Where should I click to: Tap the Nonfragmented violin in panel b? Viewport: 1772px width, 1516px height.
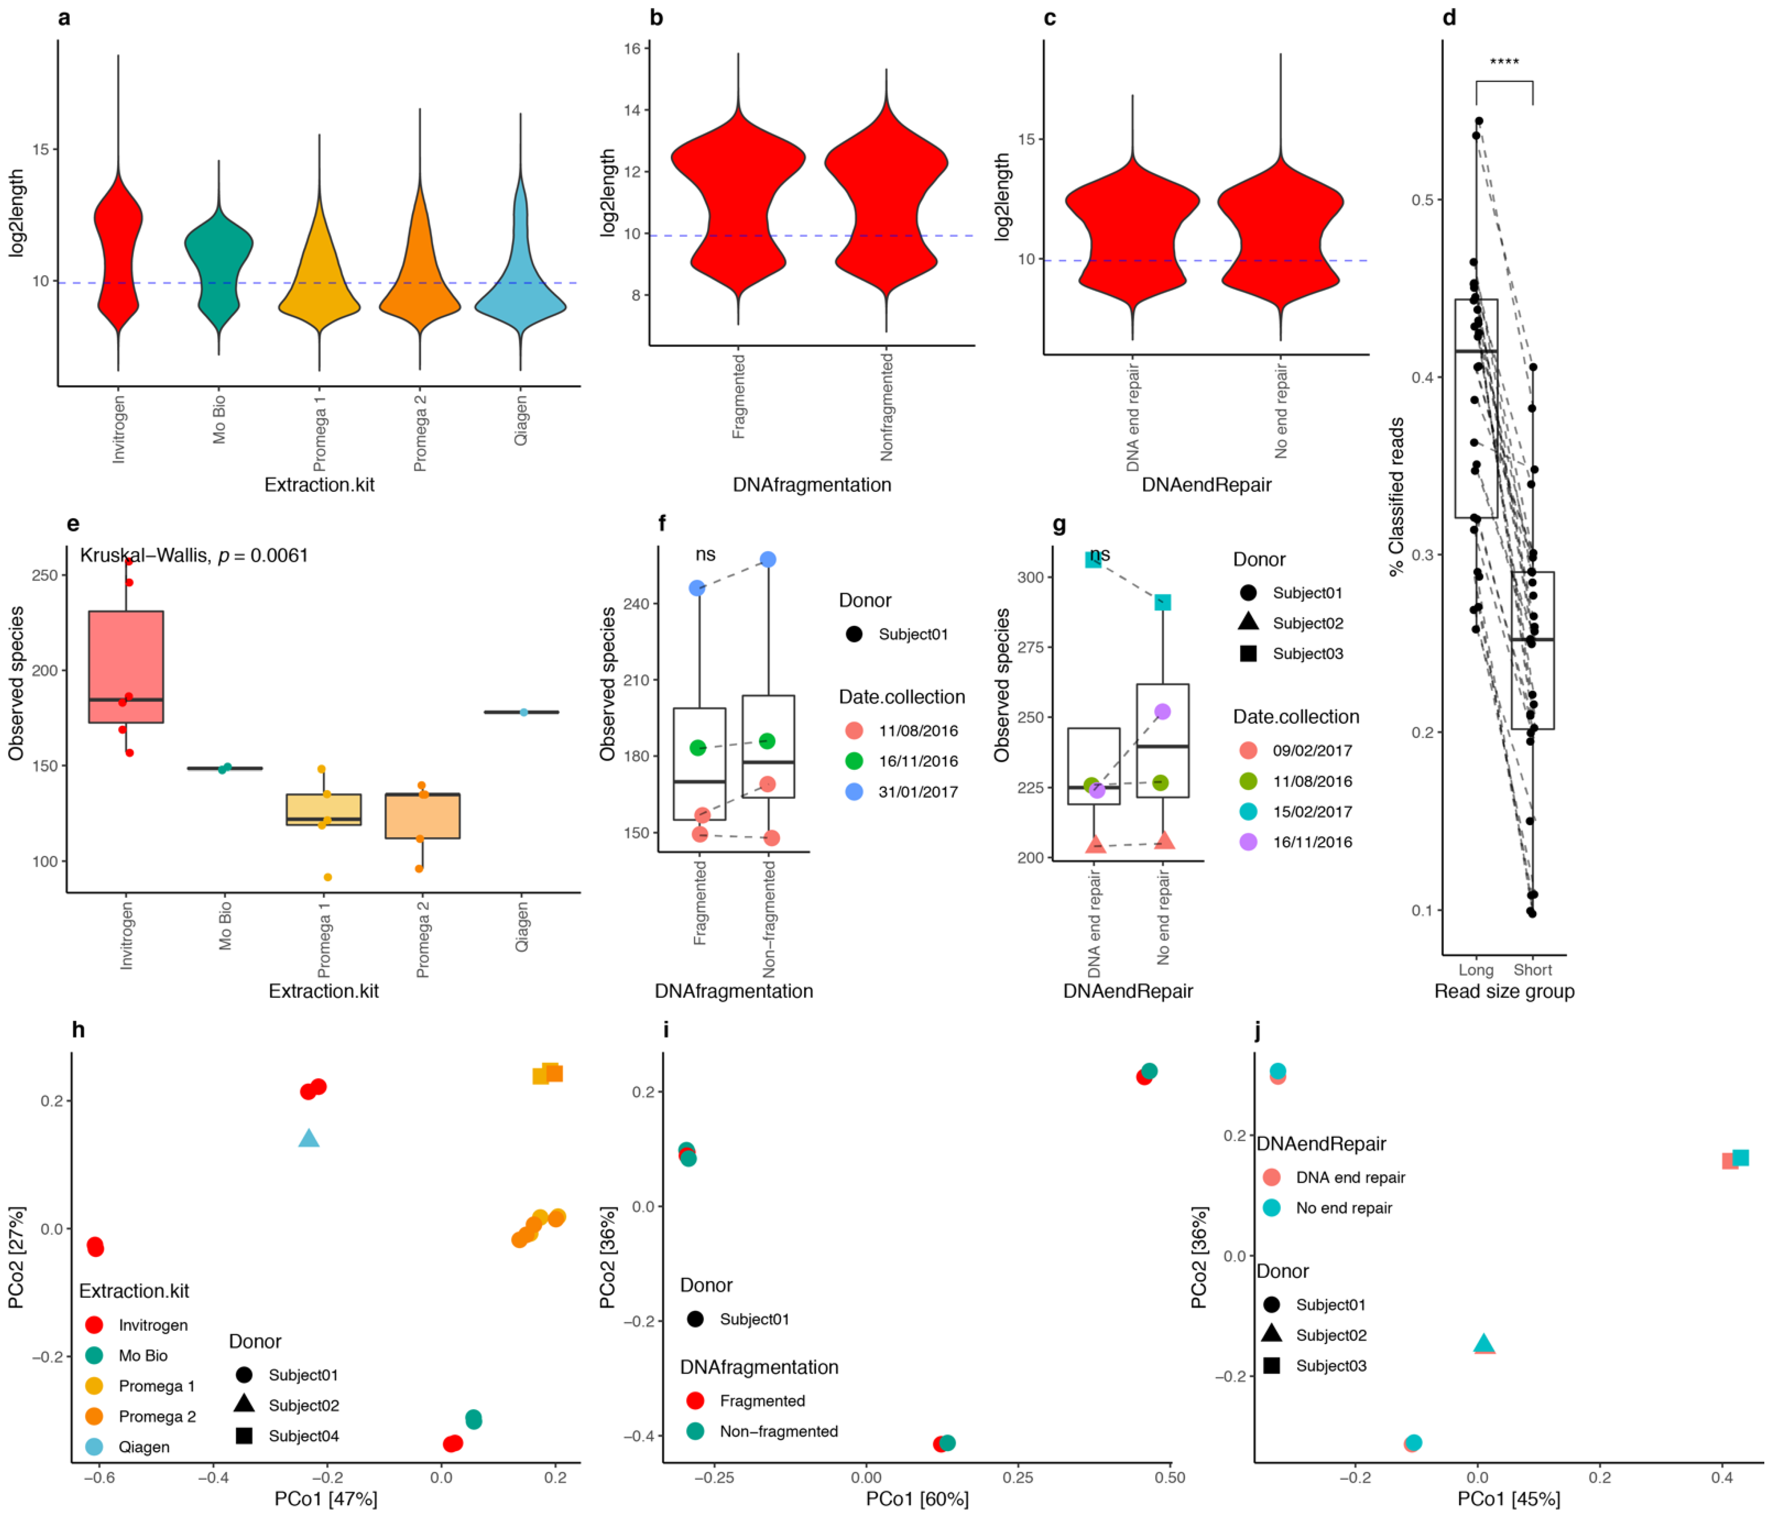[x=886, y=197]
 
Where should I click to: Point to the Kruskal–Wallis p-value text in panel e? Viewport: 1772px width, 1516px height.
[x=194, y=556]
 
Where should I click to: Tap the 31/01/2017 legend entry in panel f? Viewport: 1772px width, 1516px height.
[x=917, y=792]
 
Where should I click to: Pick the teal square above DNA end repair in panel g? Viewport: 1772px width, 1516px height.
[x=1093, y=559]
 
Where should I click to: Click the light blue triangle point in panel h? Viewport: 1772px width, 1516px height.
[x=309, y=1138]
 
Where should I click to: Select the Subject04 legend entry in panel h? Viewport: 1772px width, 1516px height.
[x=303, y=1436]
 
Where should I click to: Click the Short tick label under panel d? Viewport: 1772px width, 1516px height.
[x=1533, y=970]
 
